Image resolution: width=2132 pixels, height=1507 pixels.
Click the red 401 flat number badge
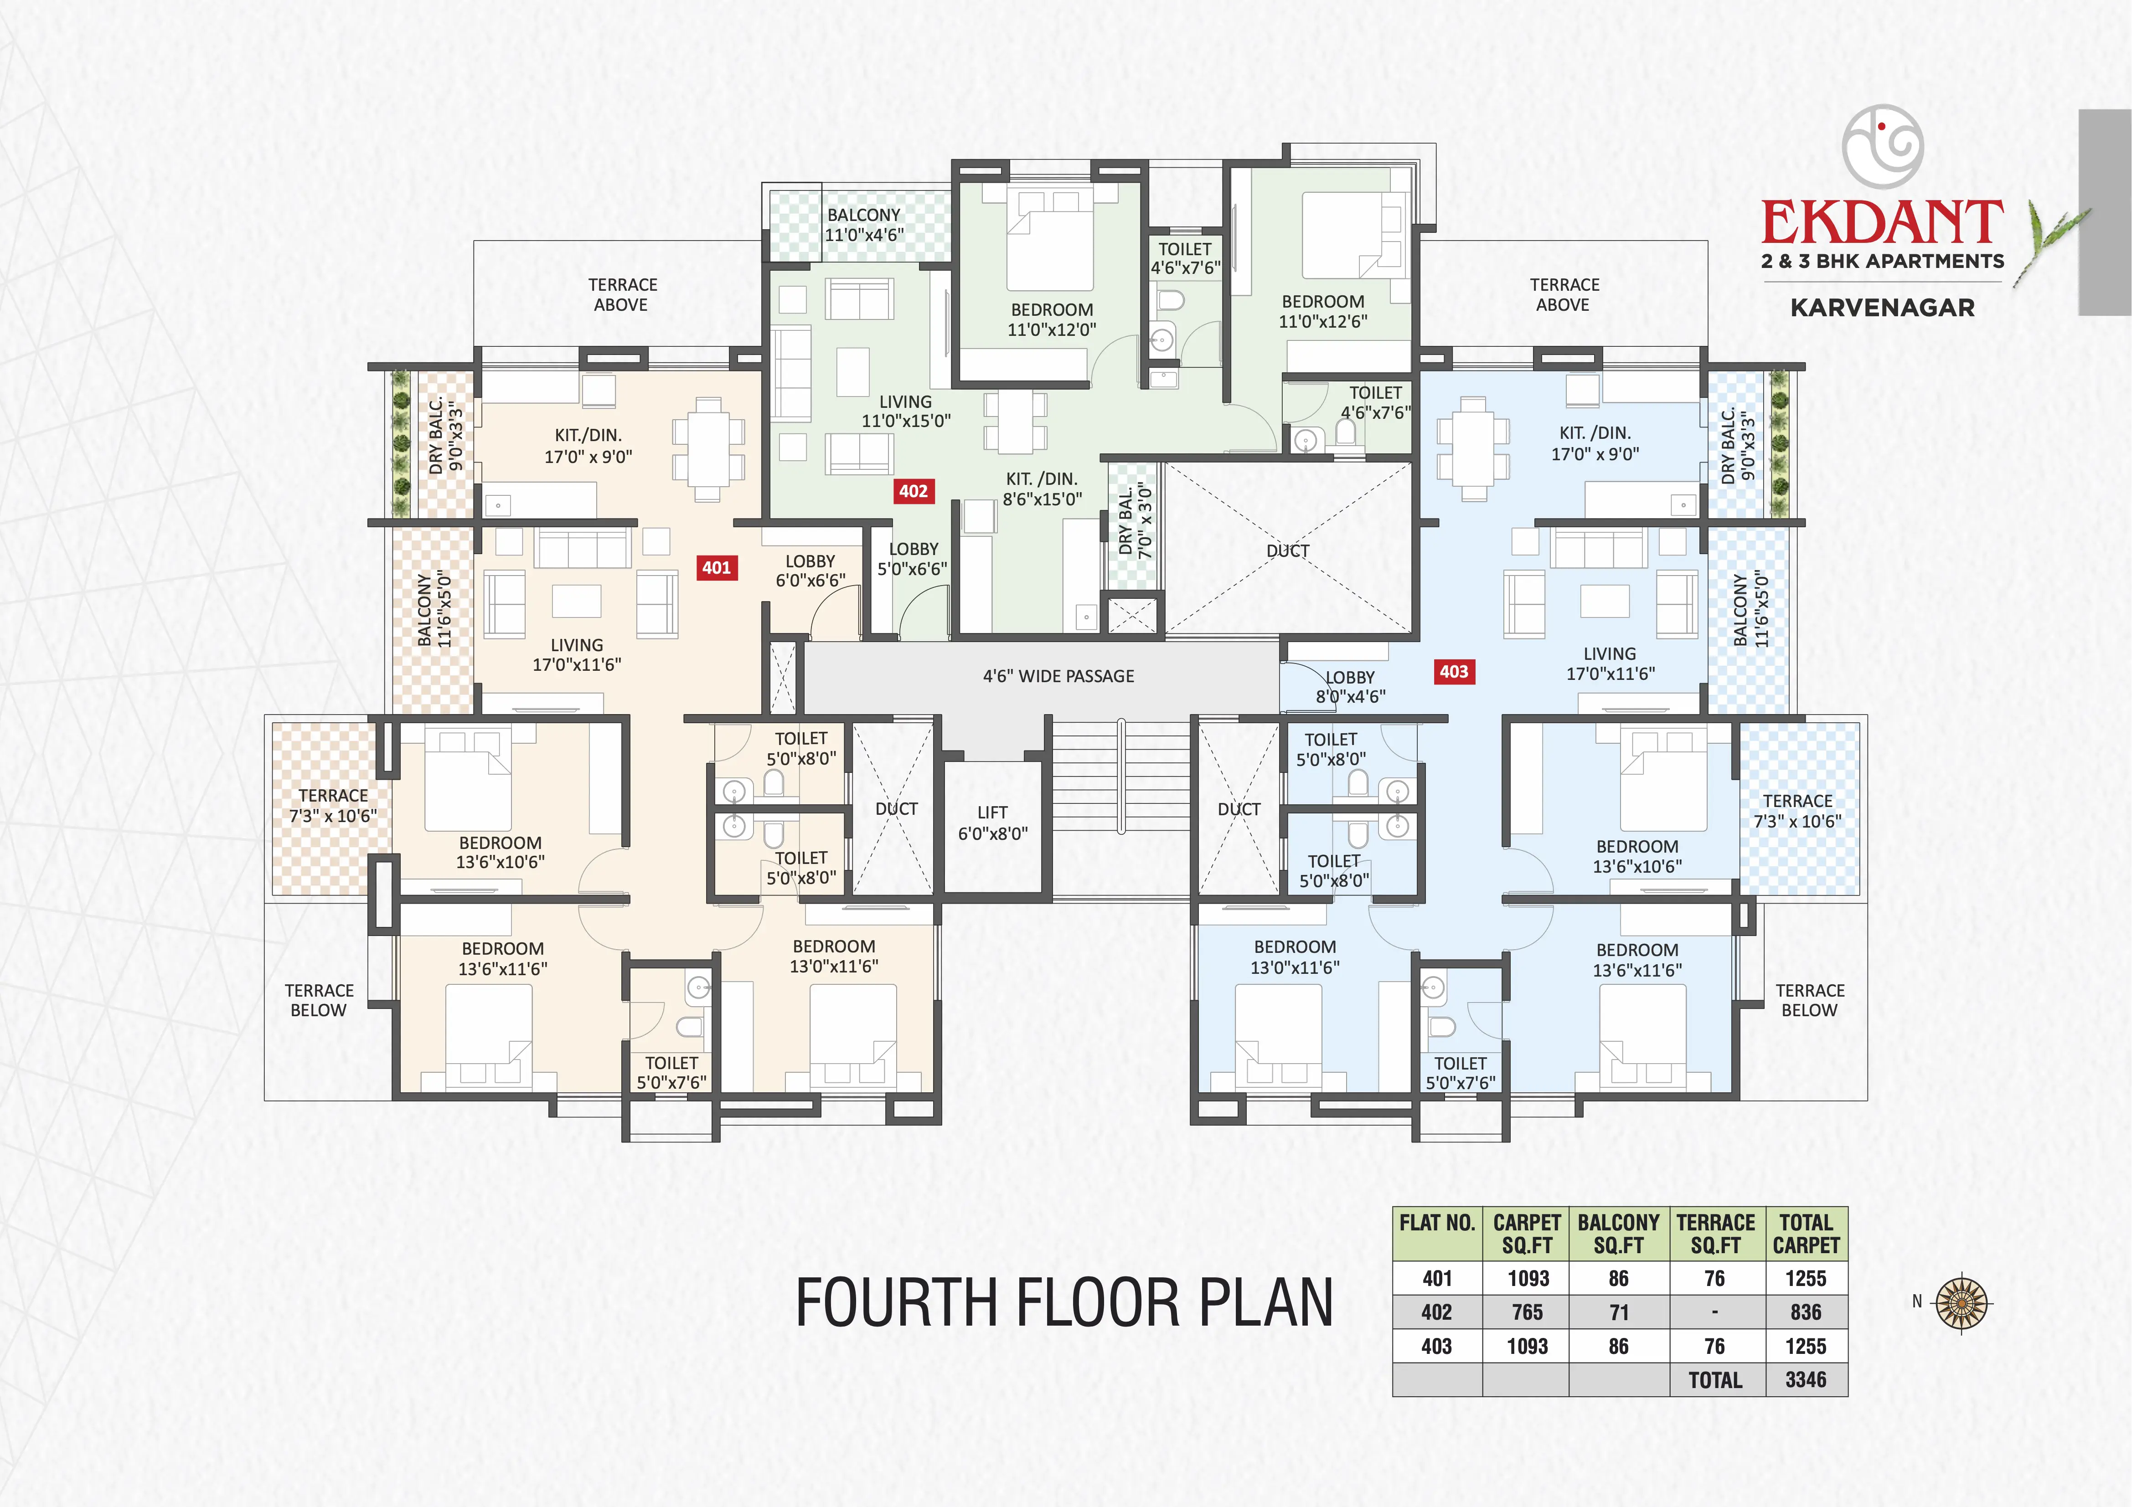[x=717, y=567]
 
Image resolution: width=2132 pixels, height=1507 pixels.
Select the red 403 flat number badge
[x=1454, y=671]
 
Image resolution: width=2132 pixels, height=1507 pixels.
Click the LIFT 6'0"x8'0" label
[x=993, y=823]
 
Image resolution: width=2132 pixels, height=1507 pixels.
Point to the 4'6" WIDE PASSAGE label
[x=1058, y=676]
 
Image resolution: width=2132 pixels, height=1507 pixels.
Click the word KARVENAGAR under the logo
[x=1882, y=307]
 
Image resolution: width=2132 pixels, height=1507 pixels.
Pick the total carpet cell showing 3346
[x=1805, y=1380]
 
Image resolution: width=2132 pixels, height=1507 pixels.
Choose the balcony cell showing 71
[x=1619, y=1312]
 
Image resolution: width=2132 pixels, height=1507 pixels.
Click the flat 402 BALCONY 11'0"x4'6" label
[x=863, y=225]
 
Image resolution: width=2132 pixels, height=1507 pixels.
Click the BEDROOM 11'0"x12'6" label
[x=1323, y=311]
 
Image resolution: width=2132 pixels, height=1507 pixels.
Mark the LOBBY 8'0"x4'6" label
[x=1350, y=686]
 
